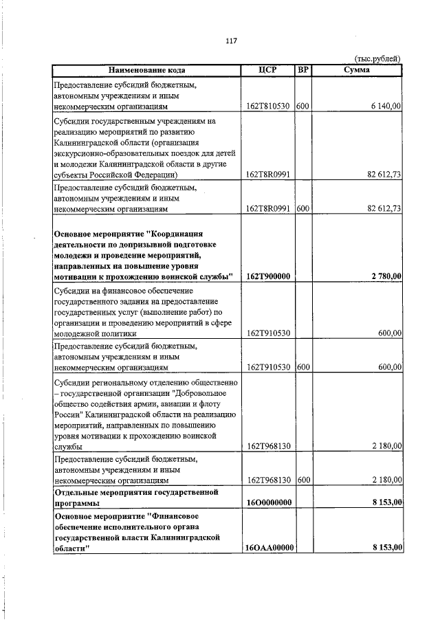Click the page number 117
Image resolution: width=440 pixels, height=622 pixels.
231,41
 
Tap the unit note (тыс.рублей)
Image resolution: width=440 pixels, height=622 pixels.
377,59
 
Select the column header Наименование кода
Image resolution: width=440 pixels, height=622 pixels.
146,70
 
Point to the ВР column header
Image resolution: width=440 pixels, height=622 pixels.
302,70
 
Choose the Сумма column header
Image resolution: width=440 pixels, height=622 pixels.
357,70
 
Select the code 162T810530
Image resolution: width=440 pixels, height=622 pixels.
269,107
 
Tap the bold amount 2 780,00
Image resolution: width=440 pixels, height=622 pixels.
386,276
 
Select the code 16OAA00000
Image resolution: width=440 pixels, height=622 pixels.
269,548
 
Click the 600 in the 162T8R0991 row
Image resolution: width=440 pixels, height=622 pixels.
303,208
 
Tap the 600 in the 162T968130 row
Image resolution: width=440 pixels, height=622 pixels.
303,480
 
